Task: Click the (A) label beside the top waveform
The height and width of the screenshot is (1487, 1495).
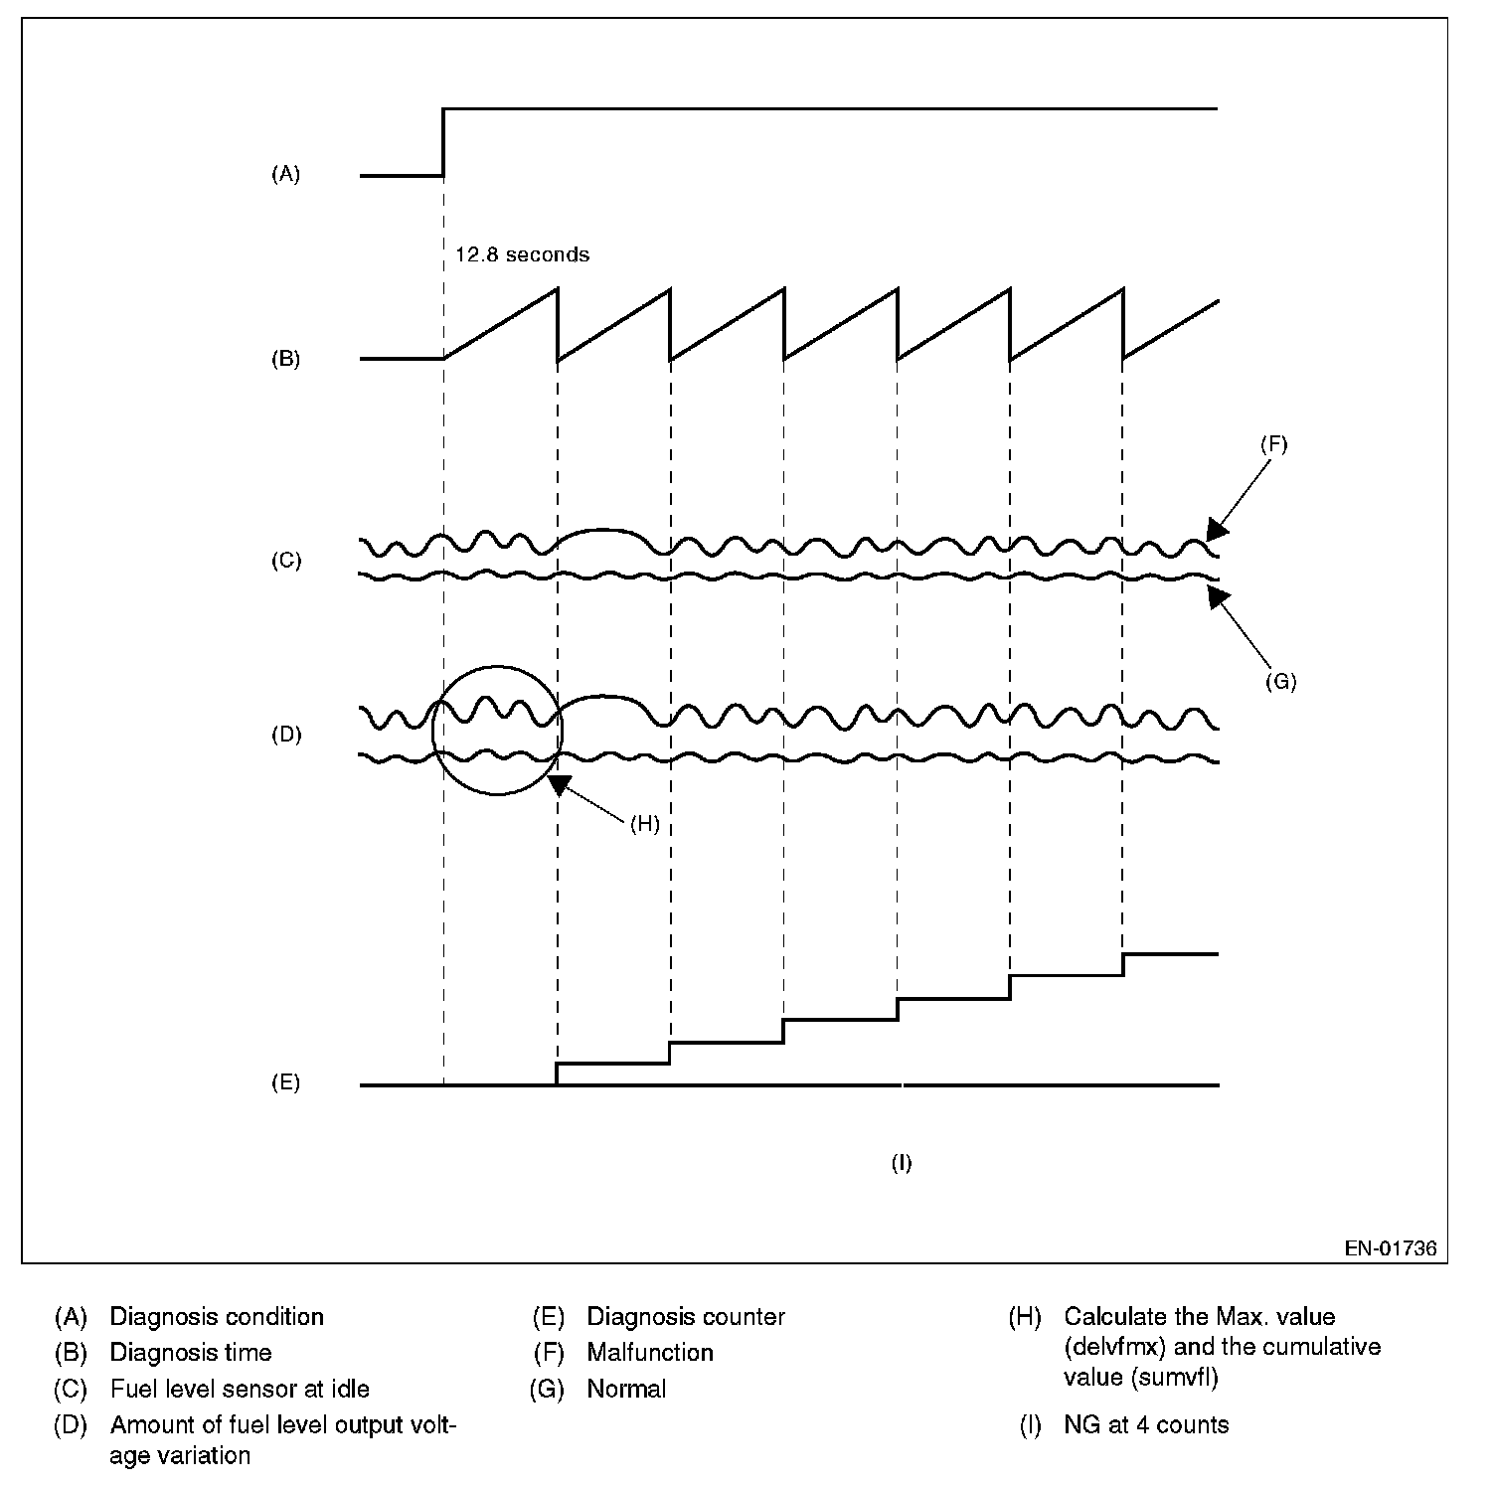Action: [285, 174]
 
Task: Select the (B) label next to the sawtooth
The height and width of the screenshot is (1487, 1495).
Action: [285, 359]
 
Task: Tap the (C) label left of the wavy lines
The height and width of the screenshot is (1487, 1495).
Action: [285, 561]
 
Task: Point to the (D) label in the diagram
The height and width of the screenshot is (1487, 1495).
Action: [285, 735]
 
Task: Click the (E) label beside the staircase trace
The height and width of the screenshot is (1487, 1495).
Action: [285, 1082]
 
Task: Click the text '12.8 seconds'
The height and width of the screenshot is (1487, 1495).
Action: [522, 254]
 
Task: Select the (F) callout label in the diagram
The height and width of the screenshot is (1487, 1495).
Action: [1273, 444]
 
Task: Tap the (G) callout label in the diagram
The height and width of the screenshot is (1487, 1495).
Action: [1280, 682]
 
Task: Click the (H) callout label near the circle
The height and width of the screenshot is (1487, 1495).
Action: [645, 824]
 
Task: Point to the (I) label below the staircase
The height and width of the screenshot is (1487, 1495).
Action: [901, 1163]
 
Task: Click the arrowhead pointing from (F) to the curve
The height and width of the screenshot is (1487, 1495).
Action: [1217, 529]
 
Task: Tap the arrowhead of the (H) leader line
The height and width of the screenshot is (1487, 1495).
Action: [560, 784]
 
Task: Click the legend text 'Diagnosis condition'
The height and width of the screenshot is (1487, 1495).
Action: [217, 1317]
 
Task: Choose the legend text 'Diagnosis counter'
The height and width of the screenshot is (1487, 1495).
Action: [686, 1317]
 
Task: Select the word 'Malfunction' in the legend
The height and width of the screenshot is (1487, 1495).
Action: [650, 1353]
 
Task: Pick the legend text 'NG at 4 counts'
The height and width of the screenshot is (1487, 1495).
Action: [1146, 1425]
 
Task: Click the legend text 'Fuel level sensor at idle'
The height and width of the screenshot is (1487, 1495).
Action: [240, 1389]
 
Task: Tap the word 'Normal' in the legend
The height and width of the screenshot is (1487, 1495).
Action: [626, 1389]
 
